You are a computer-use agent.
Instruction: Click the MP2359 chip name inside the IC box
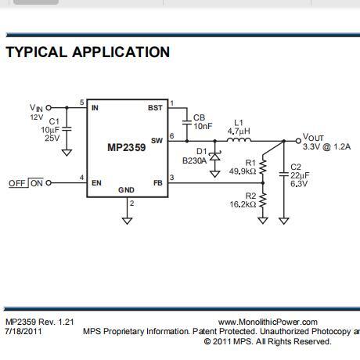tap(127, 147)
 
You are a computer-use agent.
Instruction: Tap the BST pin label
tap(155, 108)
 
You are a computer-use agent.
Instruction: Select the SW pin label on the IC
tap(157, 141)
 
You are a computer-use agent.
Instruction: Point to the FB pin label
tap(158, 183)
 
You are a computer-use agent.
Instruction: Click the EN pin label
tap(96, 183)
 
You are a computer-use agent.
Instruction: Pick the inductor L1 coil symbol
tap(239, 140)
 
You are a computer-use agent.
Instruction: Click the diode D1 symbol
tap(215, 157)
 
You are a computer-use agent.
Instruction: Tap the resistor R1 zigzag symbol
tap(263, 167)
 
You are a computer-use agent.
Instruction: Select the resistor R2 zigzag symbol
tap(263, 200)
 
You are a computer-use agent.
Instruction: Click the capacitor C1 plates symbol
tap(67, 129)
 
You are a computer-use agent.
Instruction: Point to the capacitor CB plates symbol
tap(187, 122)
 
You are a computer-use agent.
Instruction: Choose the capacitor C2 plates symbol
tap(284, 175)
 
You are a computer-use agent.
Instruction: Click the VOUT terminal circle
tap(298, 141)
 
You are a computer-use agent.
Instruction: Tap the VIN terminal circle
tap(49, 107)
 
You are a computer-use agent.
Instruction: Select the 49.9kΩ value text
tap(243, 171)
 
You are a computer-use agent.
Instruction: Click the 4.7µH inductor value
tap(239, 131)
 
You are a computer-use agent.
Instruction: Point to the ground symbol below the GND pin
tap(127, 221)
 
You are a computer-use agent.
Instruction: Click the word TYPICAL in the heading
tap(37, 52)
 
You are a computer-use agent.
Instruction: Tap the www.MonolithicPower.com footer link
tap(268, 322)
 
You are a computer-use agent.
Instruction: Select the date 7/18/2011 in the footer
tap(23, 332)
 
